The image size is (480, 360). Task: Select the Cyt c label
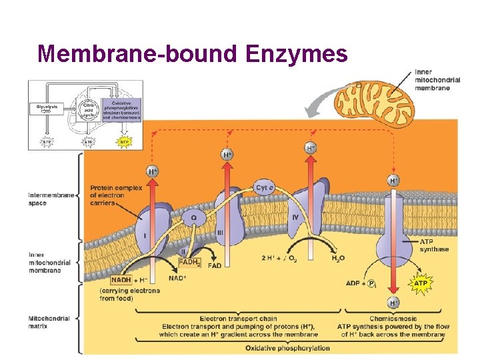265,188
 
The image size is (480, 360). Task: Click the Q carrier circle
194,217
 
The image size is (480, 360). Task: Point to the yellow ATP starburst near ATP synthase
421,283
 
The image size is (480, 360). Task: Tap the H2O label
339,258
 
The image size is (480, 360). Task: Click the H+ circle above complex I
153,171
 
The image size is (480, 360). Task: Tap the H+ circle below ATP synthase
394,303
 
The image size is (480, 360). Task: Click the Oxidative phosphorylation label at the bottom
287,348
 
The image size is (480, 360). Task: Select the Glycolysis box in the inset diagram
46,107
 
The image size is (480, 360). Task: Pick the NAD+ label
177,278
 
